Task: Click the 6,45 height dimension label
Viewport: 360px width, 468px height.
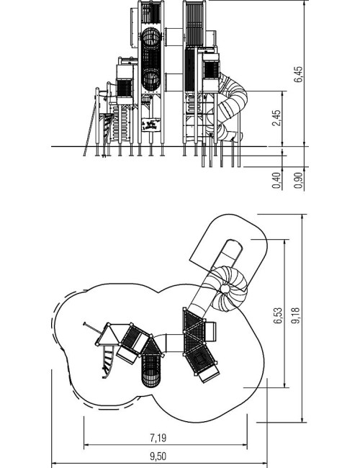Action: tap(298, 74)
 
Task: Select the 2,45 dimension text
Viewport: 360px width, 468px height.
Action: tap(276, 118)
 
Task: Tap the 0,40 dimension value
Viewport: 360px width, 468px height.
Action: tap(276, 180)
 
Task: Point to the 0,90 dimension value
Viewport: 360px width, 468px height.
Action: tap(298, 180)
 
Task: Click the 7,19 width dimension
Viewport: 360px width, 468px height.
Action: tap(158, 438)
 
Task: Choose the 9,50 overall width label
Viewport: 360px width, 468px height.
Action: tap(158, 456)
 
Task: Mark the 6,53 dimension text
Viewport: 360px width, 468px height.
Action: tap(277, 315)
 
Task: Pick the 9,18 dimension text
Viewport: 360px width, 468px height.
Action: tap(296, 315)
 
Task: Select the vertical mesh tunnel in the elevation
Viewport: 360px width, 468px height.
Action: tap(151, 59)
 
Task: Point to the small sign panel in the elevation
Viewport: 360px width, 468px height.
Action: tap(151, 125)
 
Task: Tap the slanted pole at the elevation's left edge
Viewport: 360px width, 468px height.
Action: tap(90, 128)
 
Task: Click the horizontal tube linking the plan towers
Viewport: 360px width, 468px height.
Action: tap(173, 343)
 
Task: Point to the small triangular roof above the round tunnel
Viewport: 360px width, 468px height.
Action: tap(152, 346)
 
